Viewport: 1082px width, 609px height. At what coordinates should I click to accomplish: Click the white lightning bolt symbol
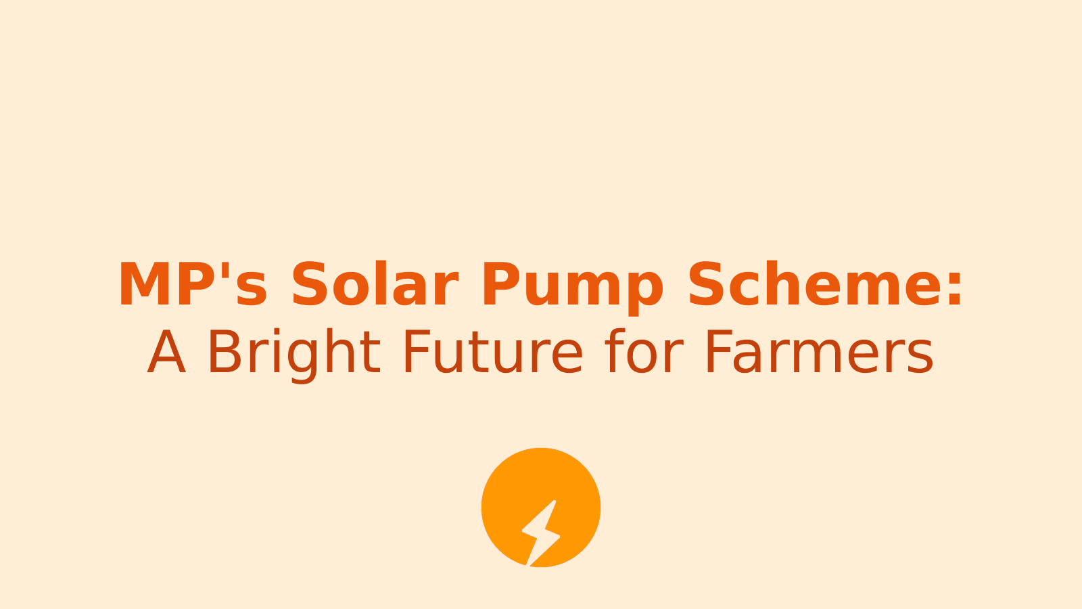click(x=540, y=533)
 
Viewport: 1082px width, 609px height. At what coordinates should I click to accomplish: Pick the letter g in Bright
click(x=302, y=359)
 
